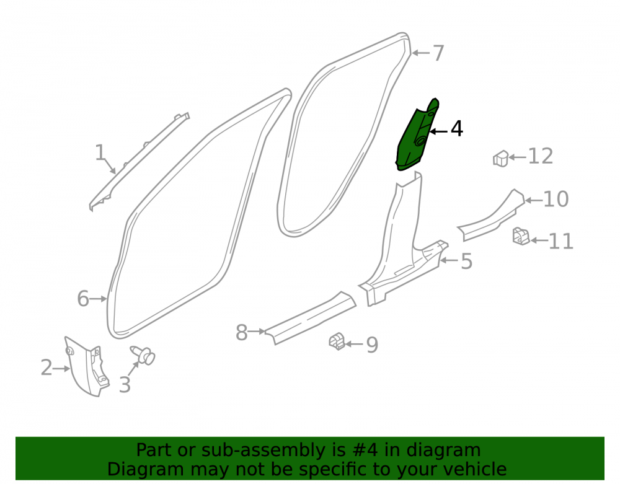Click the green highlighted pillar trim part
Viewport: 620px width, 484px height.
click(x=416, y=136)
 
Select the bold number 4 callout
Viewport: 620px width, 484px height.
click(x=457, y=129)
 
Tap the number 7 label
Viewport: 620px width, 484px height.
click(x=438, y=53)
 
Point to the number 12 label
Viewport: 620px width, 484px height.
click(x=541, y=156)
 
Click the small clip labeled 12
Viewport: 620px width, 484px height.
click(x=500, y=159)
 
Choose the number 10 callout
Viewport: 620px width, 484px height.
click(x=556, y=199)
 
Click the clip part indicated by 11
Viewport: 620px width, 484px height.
click(x=521, y=236)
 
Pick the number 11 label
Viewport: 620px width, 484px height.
click(x=560, y=241)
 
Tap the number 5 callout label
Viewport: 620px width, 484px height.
click(x=467, y=261)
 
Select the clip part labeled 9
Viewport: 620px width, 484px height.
click(x=337, y=341)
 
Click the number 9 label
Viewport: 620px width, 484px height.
click(x=372, y=345)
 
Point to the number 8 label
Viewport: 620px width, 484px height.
click(x=242, y=333)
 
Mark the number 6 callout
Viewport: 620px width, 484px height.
click(x=83, y=299)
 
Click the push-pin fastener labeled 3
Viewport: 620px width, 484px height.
click(x=143, y=355)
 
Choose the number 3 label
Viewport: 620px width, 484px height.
click(x=125, y=385)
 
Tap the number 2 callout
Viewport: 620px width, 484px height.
click(x=46, y=368)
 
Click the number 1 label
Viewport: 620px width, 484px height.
click(x=100, y=152)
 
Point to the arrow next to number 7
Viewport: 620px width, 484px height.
click(x=420, y=53)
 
